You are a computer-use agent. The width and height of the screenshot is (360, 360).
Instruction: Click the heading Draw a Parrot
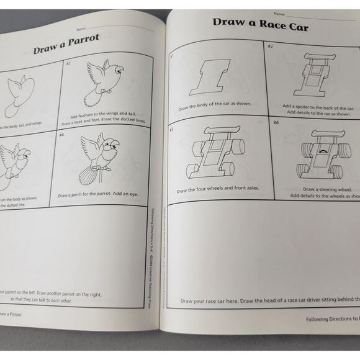pyautogui.click(x=66, y=44)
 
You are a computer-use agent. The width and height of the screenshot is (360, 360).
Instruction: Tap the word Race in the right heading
pyautogui.click(x=271, y=24)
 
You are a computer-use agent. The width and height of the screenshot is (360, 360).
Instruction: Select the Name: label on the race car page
pyautogui.click(x=279, y=14)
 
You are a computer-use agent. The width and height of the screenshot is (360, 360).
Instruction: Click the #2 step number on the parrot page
pyautogui.click(x=68, y=63)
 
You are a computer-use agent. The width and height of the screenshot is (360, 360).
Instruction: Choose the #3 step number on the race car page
pyautogui.click(x=171, y=130)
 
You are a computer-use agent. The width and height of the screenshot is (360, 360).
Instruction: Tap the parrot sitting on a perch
pyautogui.click(x=101, y=159)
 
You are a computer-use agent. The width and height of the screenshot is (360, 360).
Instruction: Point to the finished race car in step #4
pyautogui.click(x=323, y=158)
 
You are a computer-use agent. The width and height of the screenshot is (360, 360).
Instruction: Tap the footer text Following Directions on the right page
pyautogui.click(x=332, y=319)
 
